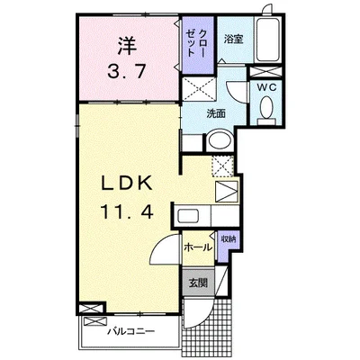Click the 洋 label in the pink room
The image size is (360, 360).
(127, 46)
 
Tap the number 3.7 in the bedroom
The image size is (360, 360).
(127, 72)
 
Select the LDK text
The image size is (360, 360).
(127, 183)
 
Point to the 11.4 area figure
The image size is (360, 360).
(127, 211)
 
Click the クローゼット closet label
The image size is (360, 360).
(196, 43)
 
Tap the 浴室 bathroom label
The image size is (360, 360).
(234, 40)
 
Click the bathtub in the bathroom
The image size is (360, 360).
(268, 40)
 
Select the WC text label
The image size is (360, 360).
(265, 87)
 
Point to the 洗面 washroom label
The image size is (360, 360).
(216, 114)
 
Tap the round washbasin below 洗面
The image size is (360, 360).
(220, 140)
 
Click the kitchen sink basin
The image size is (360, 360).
(187, 216)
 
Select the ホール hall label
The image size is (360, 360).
(198, 247)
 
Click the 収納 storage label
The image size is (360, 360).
(229, 239)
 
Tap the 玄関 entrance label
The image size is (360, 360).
(198, 283)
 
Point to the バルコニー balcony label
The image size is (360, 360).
(131, 331)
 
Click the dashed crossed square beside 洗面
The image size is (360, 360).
(199, 89)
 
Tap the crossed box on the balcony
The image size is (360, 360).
(95, 322)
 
